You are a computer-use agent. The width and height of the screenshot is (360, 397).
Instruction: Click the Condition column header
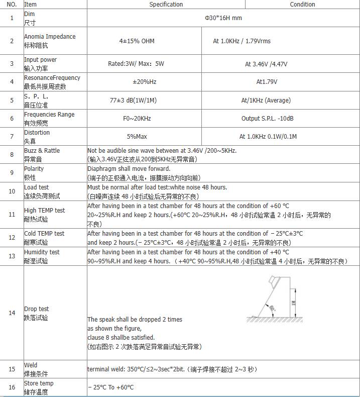click(302, 5)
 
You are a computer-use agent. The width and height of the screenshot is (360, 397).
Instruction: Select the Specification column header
click(166, 5)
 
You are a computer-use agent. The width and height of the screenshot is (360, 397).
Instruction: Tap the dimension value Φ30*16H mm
click(223, 18)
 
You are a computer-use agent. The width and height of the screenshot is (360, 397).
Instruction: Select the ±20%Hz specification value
click(144, 82)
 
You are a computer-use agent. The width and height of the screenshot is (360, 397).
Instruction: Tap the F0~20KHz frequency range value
click(145, 119)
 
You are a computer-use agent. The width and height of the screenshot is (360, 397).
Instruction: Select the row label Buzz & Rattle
click(42, 151)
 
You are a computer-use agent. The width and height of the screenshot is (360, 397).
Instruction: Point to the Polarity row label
click(34, 169)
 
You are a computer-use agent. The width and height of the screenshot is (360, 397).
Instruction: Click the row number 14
click(12, 313)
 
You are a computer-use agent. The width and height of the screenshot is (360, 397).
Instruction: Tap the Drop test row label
click(37, 309)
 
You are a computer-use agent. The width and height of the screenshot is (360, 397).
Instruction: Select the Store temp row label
click(39, 383)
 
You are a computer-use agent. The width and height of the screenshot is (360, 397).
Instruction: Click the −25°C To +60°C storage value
click(111, 387)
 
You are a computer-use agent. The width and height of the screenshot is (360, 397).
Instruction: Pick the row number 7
click(12, 136)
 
